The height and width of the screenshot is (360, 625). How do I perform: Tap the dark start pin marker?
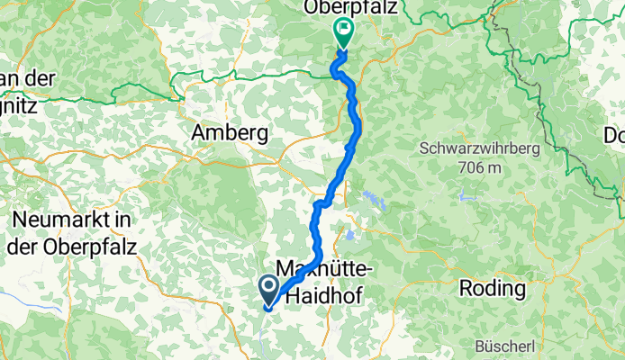268,289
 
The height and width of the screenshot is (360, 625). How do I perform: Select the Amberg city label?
230,134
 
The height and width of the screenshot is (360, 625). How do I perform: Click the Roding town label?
492,289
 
